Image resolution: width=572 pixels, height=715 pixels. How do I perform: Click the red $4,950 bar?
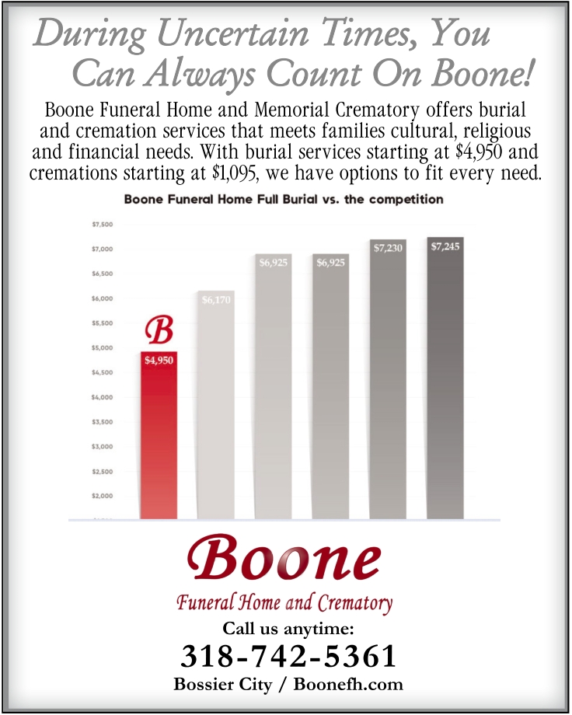[159, 435]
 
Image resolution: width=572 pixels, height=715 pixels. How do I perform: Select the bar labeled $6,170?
[216, 404]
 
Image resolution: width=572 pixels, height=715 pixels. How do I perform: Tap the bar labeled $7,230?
[388, 381]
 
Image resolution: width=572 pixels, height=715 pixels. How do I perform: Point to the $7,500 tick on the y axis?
[103, 225]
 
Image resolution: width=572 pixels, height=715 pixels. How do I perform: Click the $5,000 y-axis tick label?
[103, 348]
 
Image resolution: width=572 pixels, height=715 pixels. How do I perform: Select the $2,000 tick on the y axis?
[103, 496]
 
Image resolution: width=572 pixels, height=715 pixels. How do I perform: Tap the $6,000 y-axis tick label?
[103, 298]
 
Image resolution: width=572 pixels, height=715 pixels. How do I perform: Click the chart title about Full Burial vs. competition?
[284, 200]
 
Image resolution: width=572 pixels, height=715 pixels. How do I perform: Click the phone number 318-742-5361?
[289, 657]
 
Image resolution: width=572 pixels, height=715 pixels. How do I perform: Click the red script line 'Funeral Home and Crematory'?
[284, 602]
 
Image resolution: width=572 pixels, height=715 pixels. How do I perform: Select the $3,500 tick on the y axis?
[103, 422]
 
